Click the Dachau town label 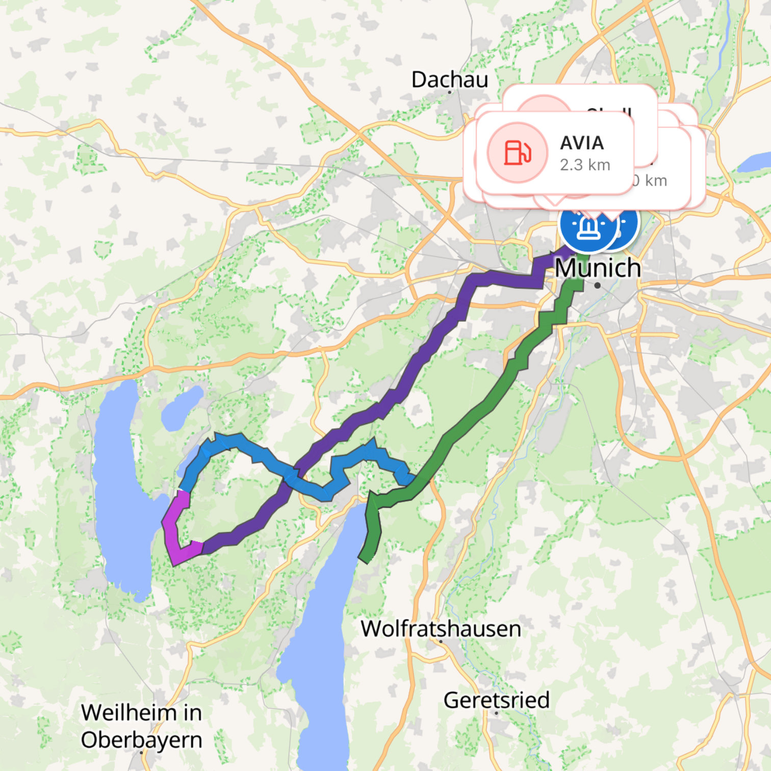[x=449, y=80]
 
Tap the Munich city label [x=598, y=268]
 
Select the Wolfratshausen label [x=441, y=628]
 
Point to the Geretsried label [x=496, y=700]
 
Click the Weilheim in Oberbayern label [x=141, y=726]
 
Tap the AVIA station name [x=582, y=143]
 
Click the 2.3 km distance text [x=585, y=165]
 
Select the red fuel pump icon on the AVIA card [x=517, y=152]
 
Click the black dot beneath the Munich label [x=597, y=286]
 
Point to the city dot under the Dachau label [x=449, y=92]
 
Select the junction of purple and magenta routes [x=202, y=548]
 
